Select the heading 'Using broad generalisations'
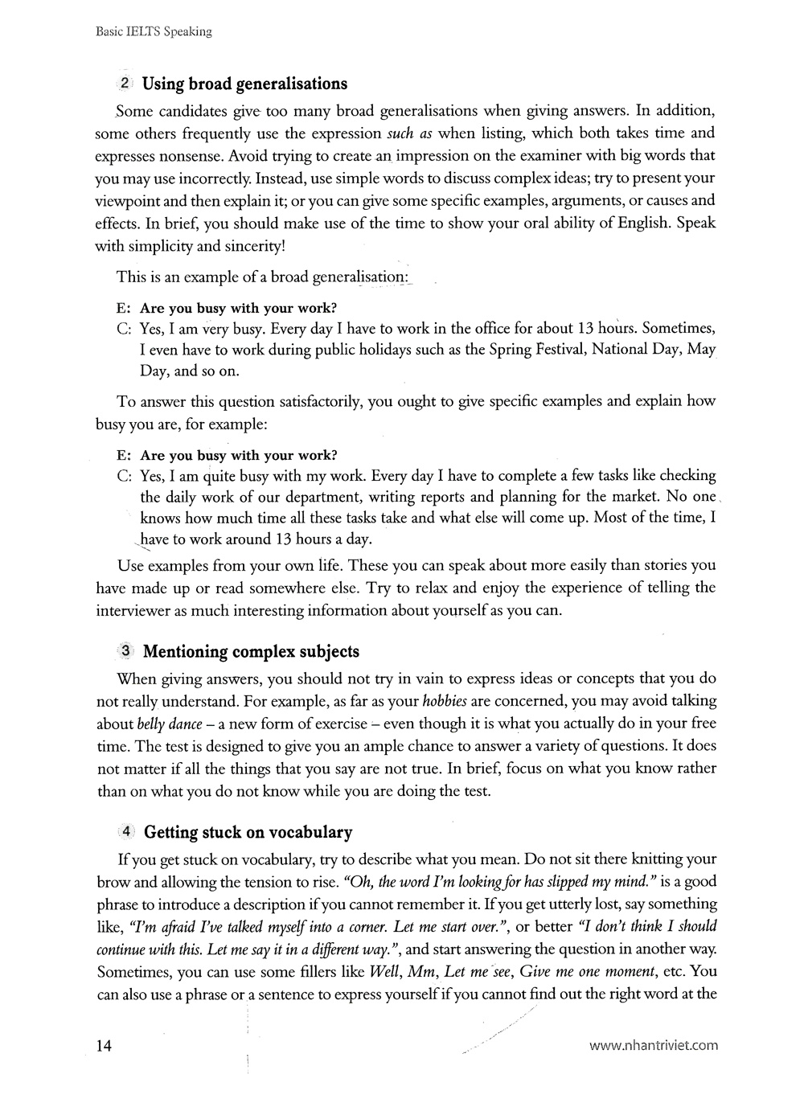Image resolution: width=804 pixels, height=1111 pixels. [244, 84]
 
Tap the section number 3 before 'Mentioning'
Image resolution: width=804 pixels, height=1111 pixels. [126, 650]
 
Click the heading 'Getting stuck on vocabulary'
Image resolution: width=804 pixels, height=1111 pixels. [248, 832]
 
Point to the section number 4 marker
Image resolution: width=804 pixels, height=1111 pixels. [126, 831]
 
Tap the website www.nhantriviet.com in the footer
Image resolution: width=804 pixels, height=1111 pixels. [653, 1046]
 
